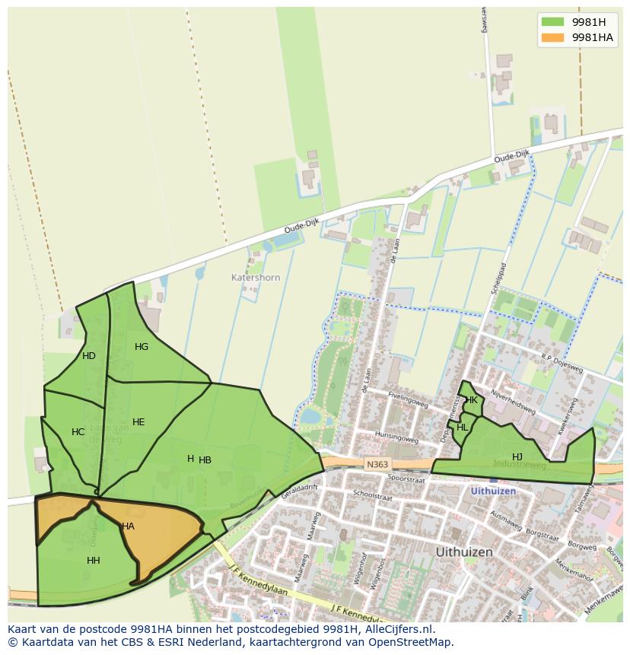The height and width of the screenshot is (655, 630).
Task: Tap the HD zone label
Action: (x=89, y=356)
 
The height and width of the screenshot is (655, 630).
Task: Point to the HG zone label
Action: (x=142, y=347)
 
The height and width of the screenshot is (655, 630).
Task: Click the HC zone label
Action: (x=78, y=432)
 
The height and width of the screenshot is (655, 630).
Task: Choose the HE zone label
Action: (x=138, y=422)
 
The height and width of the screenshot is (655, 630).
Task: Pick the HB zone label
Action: (x=205, y=460)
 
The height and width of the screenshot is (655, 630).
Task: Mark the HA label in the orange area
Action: (x=128, y=526)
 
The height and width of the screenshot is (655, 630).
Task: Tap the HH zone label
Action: (x=94, y=561)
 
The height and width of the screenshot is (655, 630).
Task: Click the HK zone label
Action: (x=472, y=400)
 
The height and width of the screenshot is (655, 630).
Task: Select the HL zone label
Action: (x=463, y=428)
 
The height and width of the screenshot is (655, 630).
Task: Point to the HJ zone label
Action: (x=517, y=456)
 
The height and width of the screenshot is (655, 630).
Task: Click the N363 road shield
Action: (x=377, y=464)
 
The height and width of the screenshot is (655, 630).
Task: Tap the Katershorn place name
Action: (x=256, y=278)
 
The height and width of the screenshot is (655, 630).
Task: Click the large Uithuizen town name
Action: (x=464, y=552)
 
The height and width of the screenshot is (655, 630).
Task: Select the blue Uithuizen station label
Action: (x=493, y=491)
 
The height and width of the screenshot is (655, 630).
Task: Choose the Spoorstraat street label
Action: (x=406, y=479)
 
